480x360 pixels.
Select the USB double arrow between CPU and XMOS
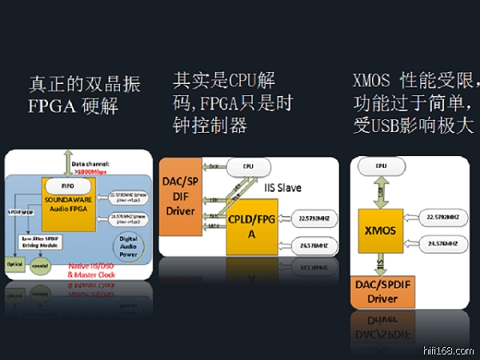381,193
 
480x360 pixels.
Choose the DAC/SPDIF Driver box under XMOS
381,291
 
